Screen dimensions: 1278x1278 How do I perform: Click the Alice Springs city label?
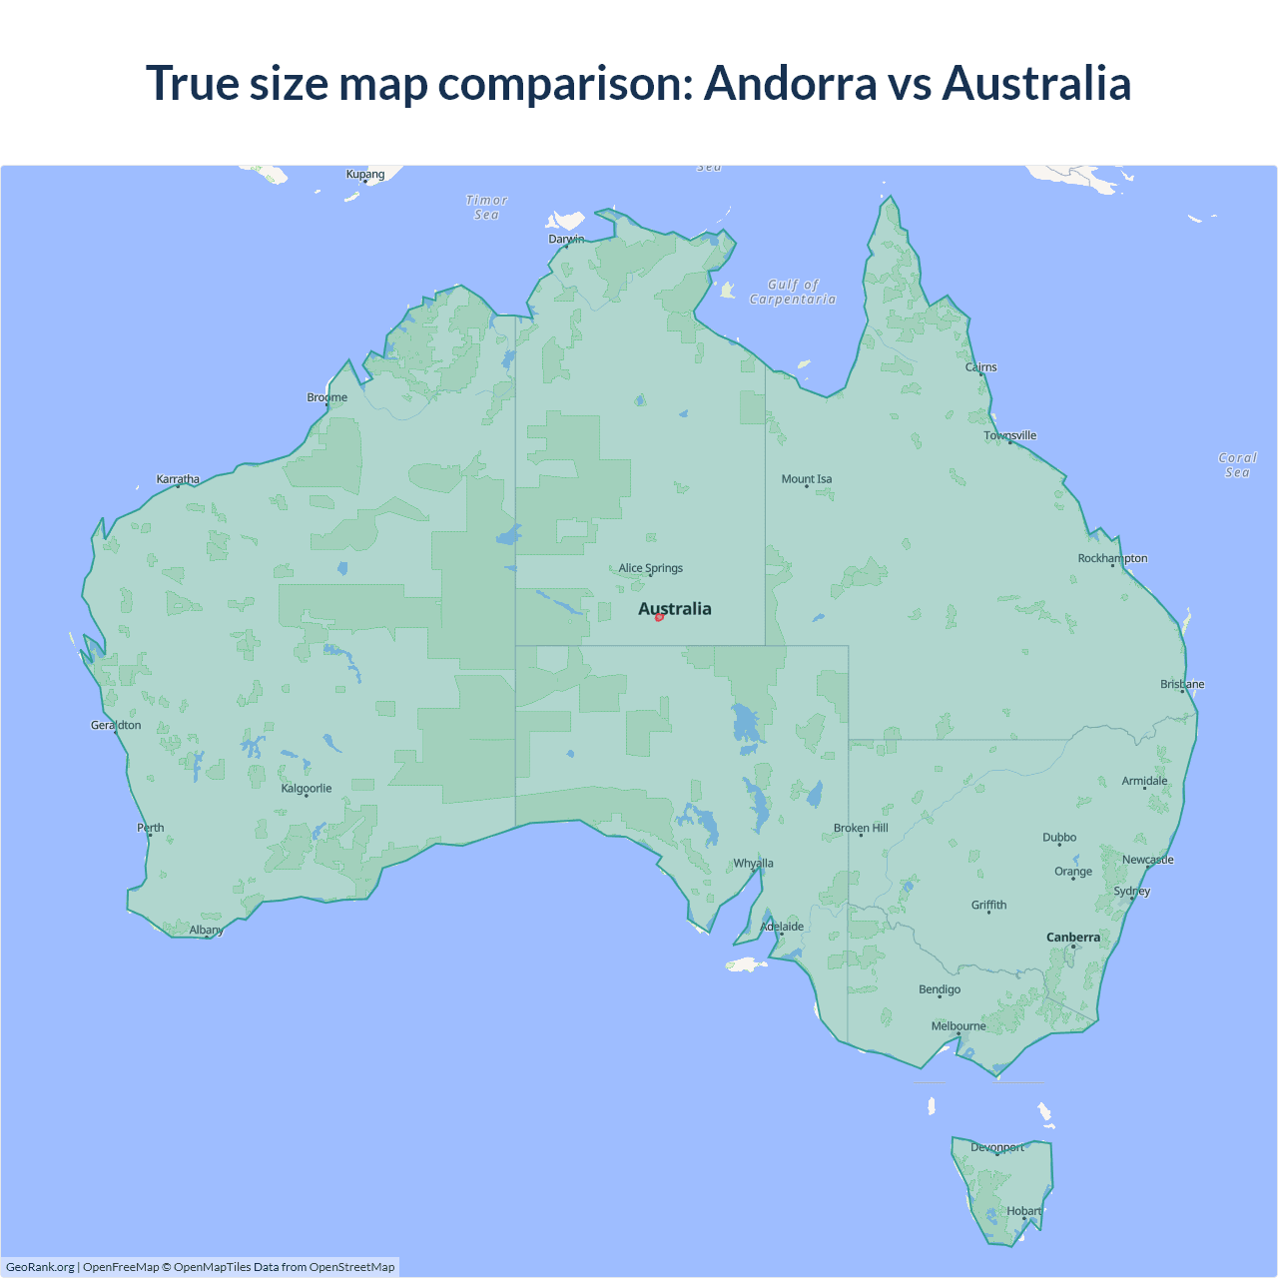tap(650, 568)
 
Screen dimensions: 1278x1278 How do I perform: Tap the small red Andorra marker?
tap(659, 617)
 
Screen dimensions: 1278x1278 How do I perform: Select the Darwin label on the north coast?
tap(566, 239)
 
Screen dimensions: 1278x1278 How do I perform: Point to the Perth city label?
tap(151, 828)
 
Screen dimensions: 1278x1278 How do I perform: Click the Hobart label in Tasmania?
tap(1023, 1211)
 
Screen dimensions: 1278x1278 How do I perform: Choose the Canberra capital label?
tap(1072, 938)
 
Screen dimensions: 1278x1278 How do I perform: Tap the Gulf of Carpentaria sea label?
tap(793, 292)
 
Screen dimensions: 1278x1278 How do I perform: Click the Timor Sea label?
tap(486, 208)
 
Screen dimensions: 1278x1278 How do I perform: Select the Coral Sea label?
tap(1237, 465)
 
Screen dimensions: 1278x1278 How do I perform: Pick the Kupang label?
tap(365, 174)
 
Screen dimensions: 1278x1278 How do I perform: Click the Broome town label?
tap(327, 397)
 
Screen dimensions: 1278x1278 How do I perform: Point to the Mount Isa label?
tap(807, 479)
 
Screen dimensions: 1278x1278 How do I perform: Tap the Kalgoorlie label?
tap(307, 789)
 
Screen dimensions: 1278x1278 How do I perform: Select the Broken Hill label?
tap(861, 828)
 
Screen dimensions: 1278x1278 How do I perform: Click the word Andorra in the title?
tap(790, 83)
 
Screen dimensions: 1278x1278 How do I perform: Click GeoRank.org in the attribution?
tap(40, 1267)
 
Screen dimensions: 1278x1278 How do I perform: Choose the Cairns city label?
tap(980, 367)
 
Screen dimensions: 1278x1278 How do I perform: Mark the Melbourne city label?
tap(958, 1026)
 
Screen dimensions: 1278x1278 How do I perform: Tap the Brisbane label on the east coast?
tap(1182, 684)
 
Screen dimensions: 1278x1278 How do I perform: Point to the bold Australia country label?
tap(675, 609)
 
